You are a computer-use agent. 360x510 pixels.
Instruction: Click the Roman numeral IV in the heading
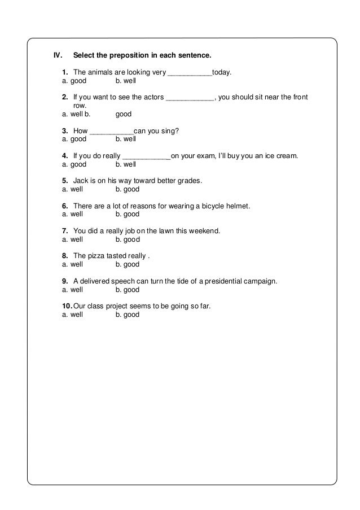pyautogui.click(x=56, y=56)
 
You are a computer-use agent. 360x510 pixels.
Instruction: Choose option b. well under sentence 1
pyautogui.click(x=125, y=81)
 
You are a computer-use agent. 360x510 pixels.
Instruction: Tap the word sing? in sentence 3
pyautogui.click(x=169, y=130)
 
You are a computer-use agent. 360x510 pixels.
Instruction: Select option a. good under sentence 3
pyautogui.click(x=74, y=138)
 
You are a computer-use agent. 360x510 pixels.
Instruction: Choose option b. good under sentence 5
pyautogui.click(x=127, y=189)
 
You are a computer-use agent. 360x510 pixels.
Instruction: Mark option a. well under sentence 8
pyautogui.click(x=72, y=264)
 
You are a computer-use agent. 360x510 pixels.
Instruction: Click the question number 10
pyautogui.click(x=65, y=306)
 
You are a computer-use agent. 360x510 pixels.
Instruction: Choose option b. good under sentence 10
pyautogui.click(x=127, y=315)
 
